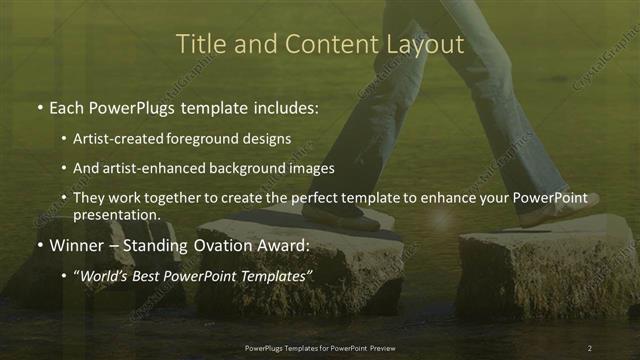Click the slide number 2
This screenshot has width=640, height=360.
click(x=590, y=347)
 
